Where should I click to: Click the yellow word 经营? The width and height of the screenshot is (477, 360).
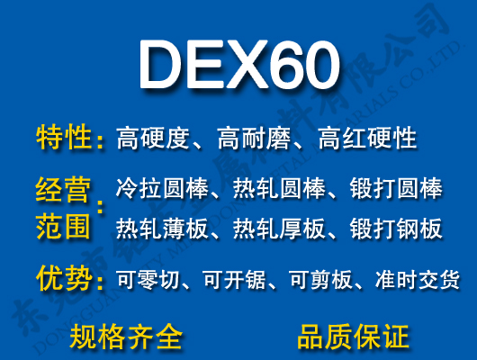pos(63,191)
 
